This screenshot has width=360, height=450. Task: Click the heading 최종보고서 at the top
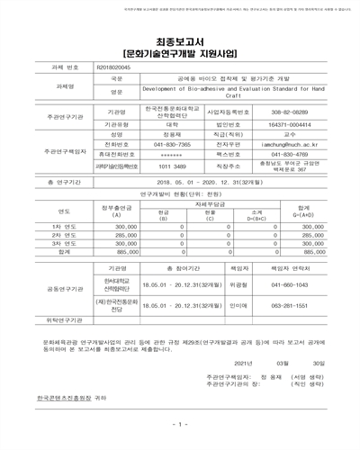tap(179, 41)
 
